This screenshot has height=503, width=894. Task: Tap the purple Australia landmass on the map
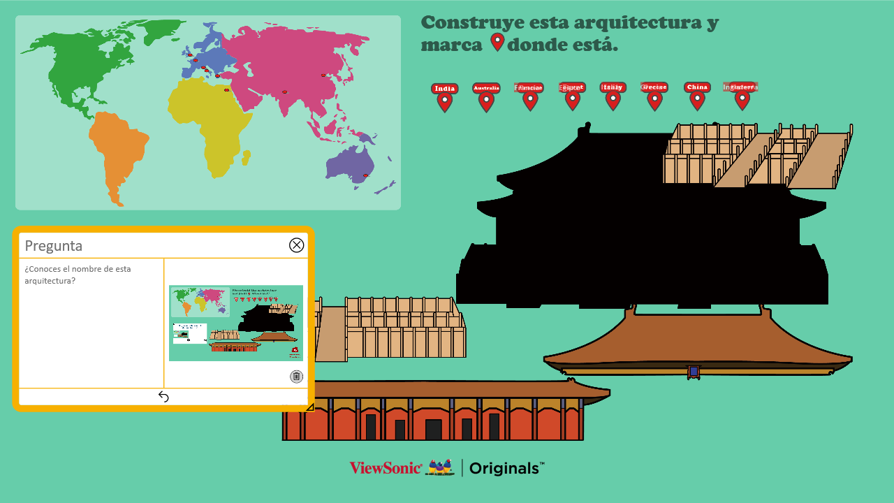[x=349, y=164]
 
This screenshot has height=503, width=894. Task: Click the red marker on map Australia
[x=365, y=175]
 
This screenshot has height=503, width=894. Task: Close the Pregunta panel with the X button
[x=297, y=245]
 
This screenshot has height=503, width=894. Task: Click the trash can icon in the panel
[x=296, y=377]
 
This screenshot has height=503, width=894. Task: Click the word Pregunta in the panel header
[x=54, y=246]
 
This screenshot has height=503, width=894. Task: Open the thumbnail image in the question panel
[x=236, y=323]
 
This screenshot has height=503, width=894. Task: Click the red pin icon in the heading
[x=497, y=42]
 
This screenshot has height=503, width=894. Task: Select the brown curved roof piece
[x=698, y=342]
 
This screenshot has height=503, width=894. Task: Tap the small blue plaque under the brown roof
[x=694, y=372]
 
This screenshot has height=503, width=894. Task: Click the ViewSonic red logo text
[x=386, y=468]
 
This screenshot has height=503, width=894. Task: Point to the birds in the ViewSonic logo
[x=440, y=467]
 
